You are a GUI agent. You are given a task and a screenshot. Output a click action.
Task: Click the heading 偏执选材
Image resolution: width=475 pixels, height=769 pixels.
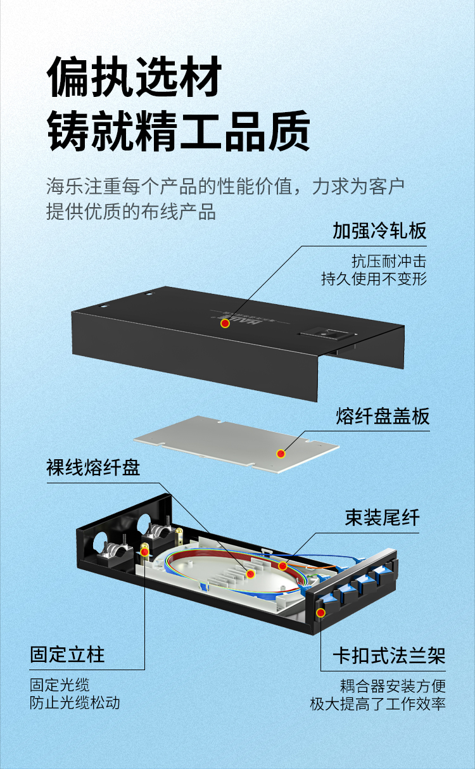pyautogui.click(x=134, y=77)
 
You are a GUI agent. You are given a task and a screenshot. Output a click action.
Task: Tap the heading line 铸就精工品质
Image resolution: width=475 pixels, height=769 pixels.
pyautogui.click(x=179, y=131)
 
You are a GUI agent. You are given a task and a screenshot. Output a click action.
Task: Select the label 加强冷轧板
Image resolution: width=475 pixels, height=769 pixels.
pyautogui.click(x=379, y=231)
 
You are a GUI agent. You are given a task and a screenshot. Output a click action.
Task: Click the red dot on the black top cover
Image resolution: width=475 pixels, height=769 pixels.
pyautogui.click(x=225, y=323)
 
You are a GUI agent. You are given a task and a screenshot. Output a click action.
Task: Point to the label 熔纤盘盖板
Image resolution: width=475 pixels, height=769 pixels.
pyautogui.click(x=383, y=416)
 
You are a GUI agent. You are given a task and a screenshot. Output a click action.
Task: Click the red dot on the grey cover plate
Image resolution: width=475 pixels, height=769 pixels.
pyautogui.click(x=281, y=454)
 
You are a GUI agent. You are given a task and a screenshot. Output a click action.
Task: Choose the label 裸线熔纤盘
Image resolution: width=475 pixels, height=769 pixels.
pyautogui.click(x=93, y=467)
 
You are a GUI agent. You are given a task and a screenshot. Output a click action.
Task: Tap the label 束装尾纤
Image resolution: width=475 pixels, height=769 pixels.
pyautogui.click(x=382, y=518)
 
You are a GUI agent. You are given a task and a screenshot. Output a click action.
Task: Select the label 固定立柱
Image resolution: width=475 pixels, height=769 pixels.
pyautogui.click(x=67, y=654)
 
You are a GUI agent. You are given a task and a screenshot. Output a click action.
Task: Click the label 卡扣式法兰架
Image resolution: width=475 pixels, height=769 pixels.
pyautogui.click(x=389, y=656)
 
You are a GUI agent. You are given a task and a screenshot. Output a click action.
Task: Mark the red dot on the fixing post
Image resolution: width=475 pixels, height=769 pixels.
pyautogui.click(x=144, y=552)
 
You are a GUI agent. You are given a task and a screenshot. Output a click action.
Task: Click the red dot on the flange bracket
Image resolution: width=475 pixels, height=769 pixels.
pyautogui.click(x=321, y=613)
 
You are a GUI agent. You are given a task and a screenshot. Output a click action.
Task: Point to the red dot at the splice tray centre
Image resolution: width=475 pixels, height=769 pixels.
pyautogui.click(x=250, y=573)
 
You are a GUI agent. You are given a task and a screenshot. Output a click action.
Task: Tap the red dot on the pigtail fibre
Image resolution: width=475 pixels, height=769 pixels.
pyautogui.click(x=282, y=566)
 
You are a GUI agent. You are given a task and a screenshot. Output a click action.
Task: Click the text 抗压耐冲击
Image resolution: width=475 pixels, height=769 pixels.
pyautogui.click(x=389, y=261)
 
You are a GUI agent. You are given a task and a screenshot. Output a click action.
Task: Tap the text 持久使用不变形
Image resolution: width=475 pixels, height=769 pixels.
pyautogui.click(x=374, y=279)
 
